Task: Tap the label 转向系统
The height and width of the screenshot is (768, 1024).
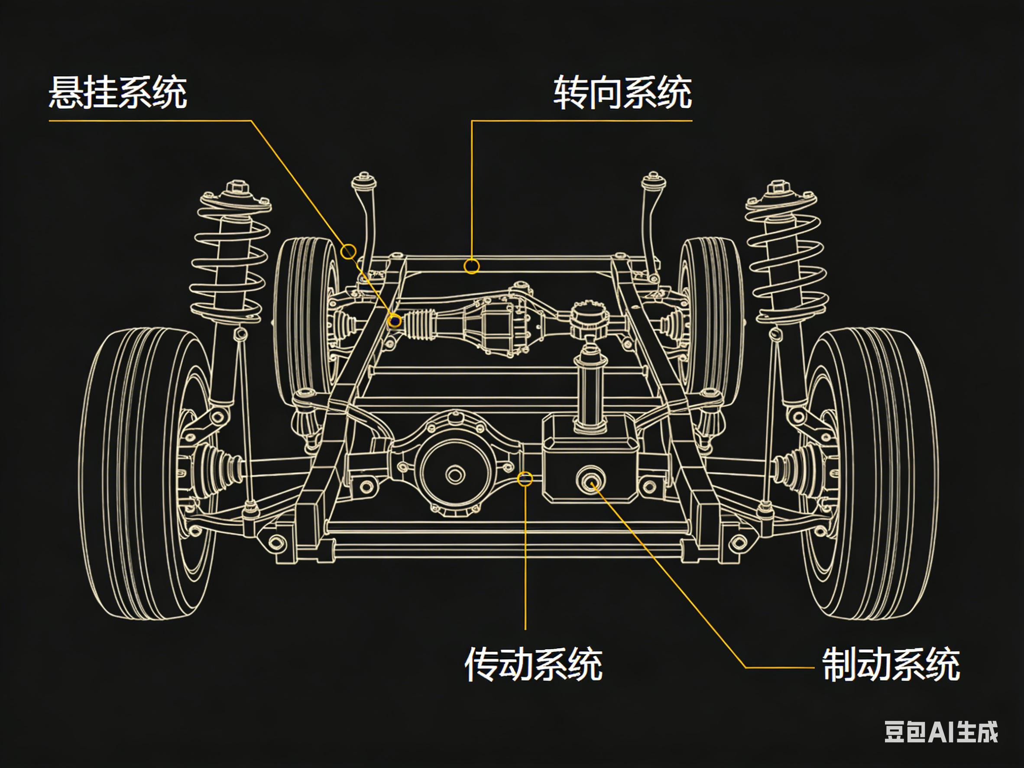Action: [622, 93]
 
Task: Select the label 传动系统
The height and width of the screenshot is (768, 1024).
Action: [533, 665]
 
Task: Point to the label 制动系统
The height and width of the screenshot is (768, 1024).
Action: [891, 665]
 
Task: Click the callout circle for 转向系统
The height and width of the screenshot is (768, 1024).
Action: [471, 266]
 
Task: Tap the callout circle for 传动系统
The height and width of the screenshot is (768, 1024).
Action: [525, 479]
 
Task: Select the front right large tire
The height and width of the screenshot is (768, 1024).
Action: [870, 472]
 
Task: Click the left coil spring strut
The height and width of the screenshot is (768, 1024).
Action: [230, 259]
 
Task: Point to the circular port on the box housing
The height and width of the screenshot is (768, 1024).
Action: [591, 480]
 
